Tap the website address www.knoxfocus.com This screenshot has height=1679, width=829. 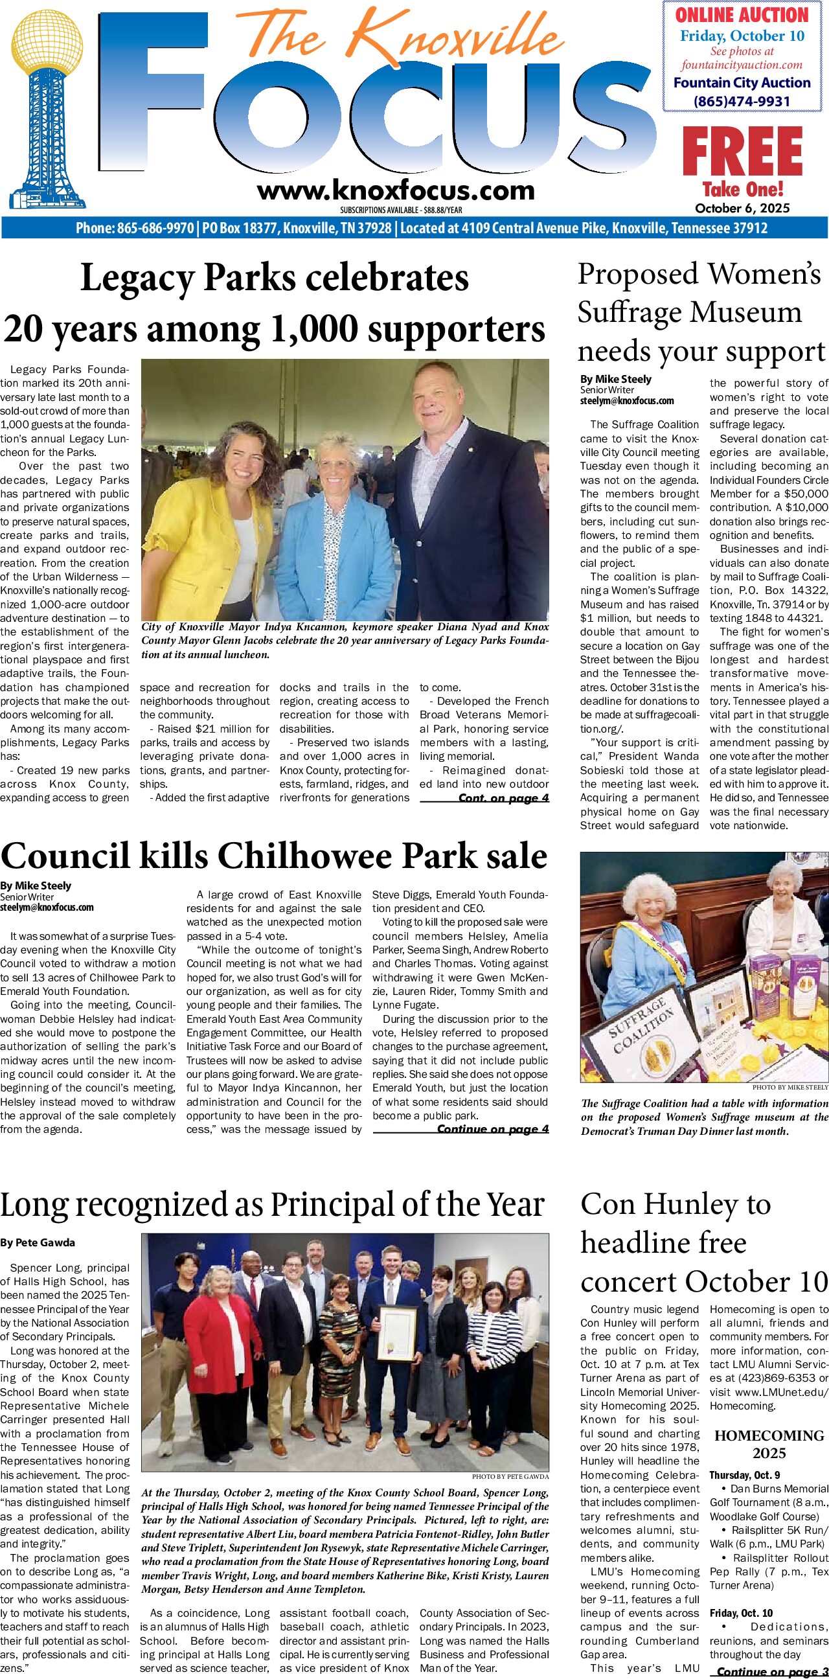[x=396, y=191]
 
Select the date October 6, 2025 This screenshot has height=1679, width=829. [x=742, y=208]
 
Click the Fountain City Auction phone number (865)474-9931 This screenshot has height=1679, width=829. [x=742, y=101]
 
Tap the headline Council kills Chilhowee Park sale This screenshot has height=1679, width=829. [x=274, y=855]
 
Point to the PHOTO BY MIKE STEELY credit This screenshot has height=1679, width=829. [x=790, y=1087]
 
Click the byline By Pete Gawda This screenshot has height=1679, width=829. [x=37, y=1242]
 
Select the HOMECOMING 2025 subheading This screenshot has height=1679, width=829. [x=769, y=1444]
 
